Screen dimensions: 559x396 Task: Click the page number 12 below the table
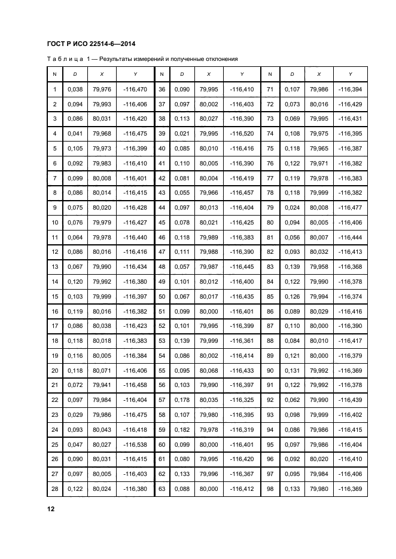click(x=51, y=509)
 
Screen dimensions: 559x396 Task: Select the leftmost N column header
click(x=55, y=74)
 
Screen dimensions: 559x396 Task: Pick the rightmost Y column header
click(x=351, y=74)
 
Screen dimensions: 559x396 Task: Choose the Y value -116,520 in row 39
click(x=242, y=133)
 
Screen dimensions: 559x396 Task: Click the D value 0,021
click(x=182, y=133)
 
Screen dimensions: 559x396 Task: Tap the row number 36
click(x=162, y=90)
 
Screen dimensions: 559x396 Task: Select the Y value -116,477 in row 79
click(x=351, y=208)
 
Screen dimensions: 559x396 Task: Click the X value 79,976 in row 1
click(x=102, y=90)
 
